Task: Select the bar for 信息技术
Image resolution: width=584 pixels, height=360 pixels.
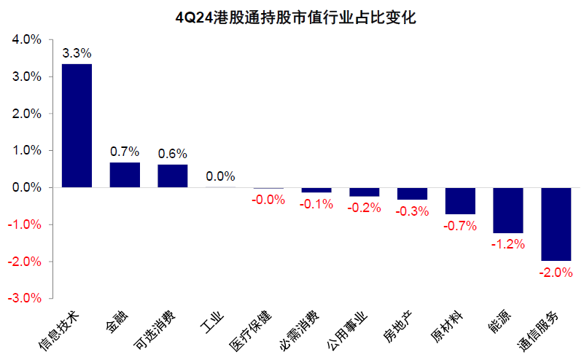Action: coord(77,125)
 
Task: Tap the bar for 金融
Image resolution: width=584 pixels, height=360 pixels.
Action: coord(125,175)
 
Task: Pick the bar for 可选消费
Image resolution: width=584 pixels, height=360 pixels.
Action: coord(173,176)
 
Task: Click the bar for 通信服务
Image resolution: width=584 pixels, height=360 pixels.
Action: coord(556,224)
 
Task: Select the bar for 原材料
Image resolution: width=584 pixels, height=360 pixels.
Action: coord(460,200)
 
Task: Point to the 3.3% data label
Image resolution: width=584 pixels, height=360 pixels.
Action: coord(77,53)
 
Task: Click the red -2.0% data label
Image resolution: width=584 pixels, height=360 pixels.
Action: coord(556,273)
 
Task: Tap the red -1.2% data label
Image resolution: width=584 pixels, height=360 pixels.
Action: coord(508,244)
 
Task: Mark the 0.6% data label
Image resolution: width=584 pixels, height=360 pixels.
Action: coord(173,154)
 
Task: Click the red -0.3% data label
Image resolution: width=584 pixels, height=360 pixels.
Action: coord(412,211)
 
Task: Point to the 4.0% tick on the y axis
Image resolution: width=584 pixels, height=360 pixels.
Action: coord(26,40)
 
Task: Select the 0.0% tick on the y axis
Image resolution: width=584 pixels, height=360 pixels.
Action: coord(26,187)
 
